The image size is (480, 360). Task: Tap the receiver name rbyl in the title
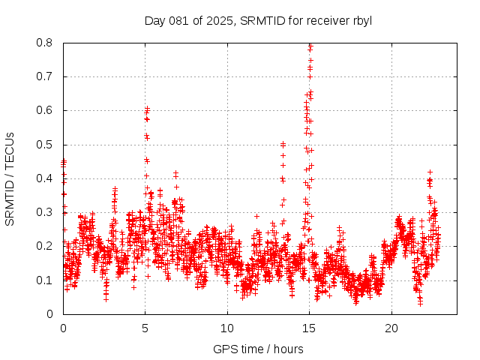point(359,20)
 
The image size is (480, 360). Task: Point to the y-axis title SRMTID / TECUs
point(10,178)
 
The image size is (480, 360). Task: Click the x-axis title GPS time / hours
point(258,349)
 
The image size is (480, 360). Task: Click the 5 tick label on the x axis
point(145,328)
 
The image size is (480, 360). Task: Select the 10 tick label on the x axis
point(227,328)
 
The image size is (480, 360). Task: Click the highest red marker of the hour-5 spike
point(148,109)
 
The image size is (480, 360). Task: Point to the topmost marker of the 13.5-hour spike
point(283,144)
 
